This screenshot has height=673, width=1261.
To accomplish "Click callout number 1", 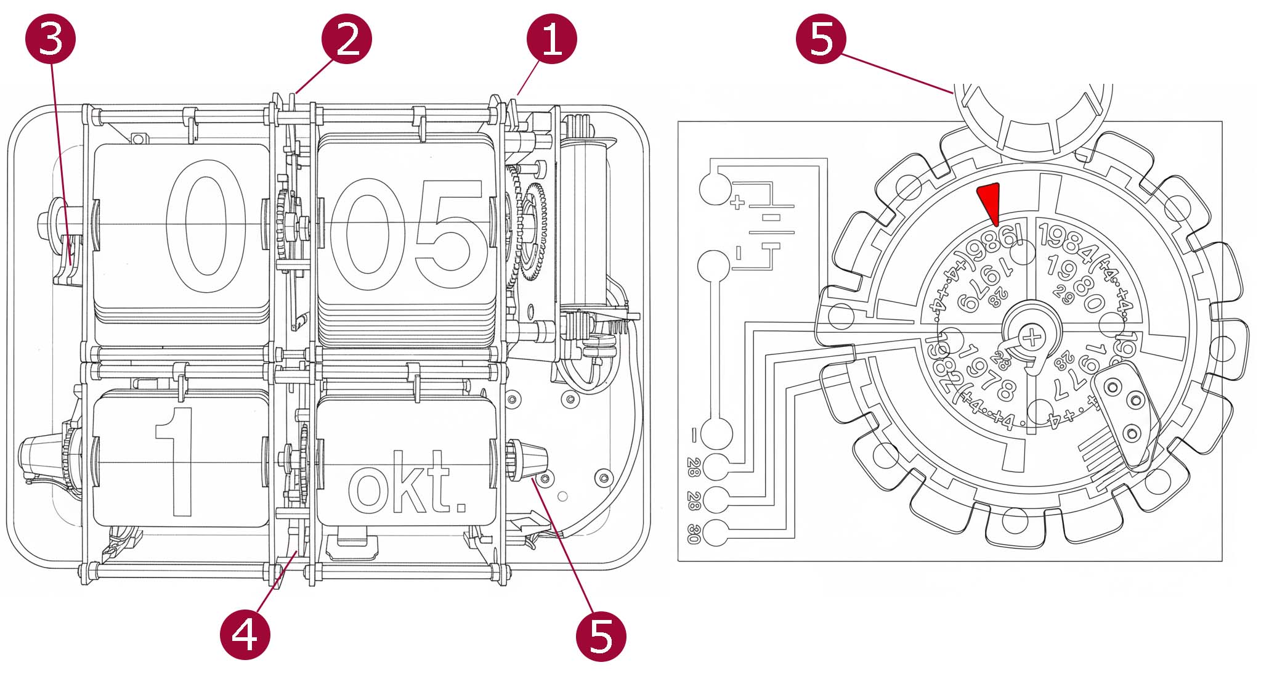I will [551, 39].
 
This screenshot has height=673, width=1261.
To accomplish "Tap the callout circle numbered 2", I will [346, 39].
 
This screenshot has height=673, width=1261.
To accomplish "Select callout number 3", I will [51, 39].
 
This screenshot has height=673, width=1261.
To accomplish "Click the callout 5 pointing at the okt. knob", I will [601, 636].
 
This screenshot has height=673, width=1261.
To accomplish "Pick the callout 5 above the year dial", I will [821, 39].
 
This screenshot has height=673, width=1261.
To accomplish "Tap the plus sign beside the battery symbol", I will [737, 202].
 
